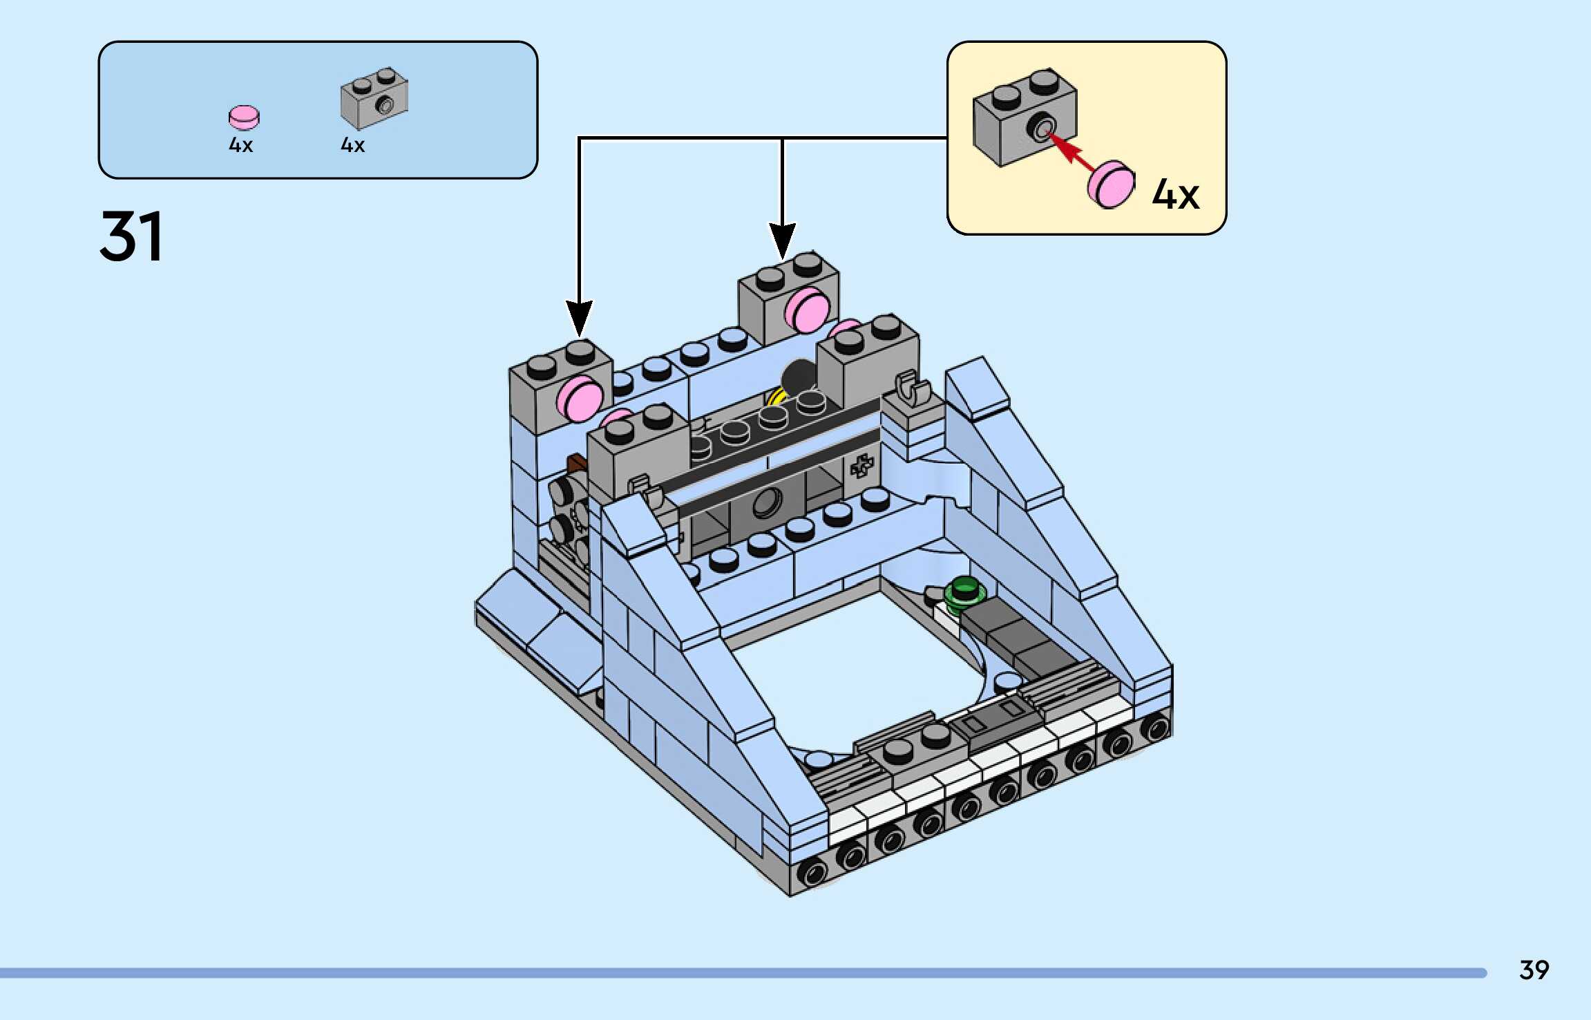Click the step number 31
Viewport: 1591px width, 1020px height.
tap(131, 236)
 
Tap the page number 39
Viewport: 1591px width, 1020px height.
tap(1534, 970)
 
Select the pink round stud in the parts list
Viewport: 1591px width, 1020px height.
tap(244, 117)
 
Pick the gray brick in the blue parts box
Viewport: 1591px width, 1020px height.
tap(374, 98)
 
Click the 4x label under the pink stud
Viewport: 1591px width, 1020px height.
tap(241, 145)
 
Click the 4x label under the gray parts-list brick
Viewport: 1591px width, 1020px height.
tap(352, 145)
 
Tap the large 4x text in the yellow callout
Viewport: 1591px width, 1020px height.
tap(1175, 194)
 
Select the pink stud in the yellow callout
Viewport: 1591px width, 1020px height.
tap(1111, 185)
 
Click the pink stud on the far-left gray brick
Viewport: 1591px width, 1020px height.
tap(580, 399)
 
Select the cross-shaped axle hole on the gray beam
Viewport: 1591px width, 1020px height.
tap(861, 466)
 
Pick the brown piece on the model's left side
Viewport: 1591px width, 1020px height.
tap(575, 463)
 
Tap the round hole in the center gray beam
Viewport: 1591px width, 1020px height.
tap(766, 502)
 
